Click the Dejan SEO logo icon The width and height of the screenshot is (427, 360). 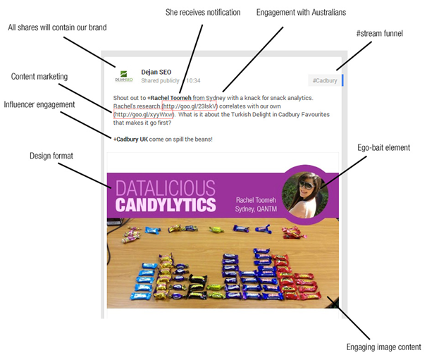[x=123, y=76]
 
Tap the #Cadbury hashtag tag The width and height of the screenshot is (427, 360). [x=325, y=80]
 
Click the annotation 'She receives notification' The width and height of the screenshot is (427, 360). [x=203, y=13]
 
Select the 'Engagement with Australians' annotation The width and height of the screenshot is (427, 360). [x=301, y=13]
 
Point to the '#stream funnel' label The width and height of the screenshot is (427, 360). [x=380, y=34]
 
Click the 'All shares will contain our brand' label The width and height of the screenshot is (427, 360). [x=57, y=27]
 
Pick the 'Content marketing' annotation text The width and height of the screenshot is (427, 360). [x=39, y=77]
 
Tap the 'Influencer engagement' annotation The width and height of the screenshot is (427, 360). [x=39, y=105]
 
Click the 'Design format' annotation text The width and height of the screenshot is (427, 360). [x=51, y=156]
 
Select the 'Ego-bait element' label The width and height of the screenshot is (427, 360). [x=384, y=148]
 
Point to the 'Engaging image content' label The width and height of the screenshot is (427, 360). [x=384, y=347]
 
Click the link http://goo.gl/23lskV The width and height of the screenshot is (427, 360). [x=190, y=106]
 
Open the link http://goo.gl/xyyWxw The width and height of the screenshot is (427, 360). [x=144, y=115]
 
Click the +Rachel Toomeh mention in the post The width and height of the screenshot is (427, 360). [x=169, y=98]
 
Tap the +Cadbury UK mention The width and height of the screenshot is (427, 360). [x=131, y=139]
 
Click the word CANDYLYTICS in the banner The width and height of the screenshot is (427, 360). [x=166, y=205]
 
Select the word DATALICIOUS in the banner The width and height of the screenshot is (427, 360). [x=166, y=188]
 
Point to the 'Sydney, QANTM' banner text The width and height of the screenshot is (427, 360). [x=256, y=209]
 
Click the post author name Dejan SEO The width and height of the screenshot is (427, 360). [x=156, y=72]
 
